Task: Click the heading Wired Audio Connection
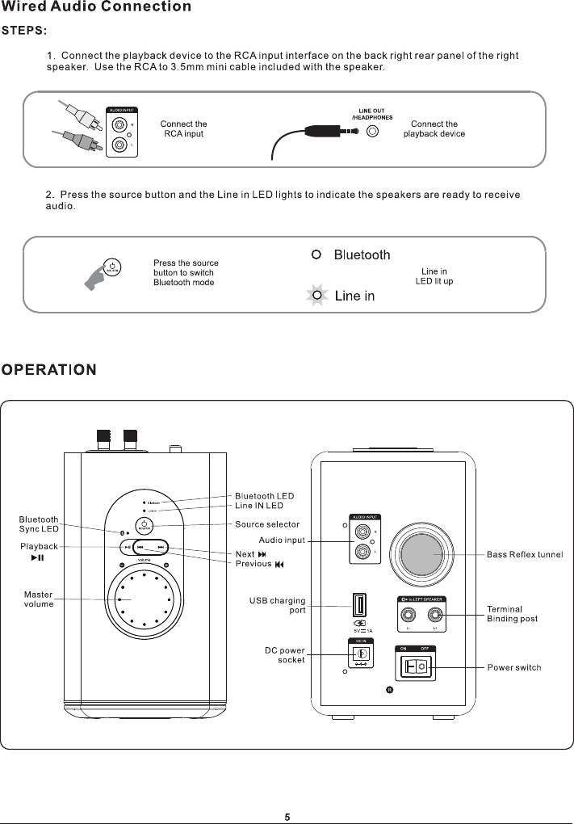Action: tap(96, 7)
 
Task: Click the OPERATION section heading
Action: tap(49, 370)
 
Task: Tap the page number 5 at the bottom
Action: tap(287, 816)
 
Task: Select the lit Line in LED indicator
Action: tap(318, 296)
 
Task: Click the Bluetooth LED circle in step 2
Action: tap(317, 255)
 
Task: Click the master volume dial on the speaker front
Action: tap(145, 599)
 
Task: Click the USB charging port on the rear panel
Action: tap(358, 605)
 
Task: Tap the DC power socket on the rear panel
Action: tap(362, 654)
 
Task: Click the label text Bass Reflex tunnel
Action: tap(525, 554)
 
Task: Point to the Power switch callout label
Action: tap(514, 667)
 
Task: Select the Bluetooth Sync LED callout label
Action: tap(39, 523)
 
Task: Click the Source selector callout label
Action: tap(267, 525)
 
